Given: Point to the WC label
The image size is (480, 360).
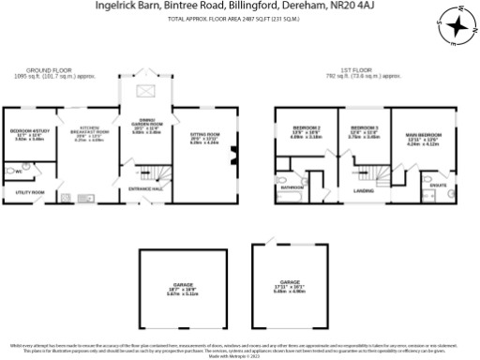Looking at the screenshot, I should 18,172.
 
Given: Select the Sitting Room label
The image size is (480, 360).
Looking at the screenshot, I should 204,135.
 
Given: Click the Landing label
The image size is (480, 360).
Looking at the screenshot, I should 363,191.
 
